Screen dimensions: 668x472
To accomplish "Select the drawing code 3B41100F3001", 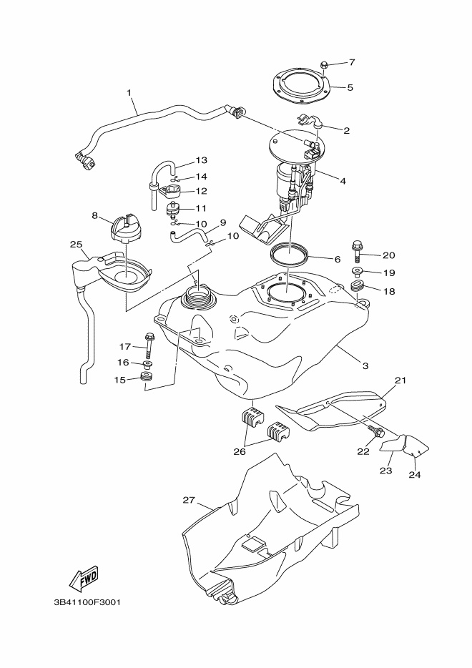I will [87, 601].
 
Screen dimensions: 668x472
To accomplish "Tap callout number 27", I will [189, 500].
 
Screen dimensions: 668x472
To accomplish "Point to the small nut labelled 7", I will [323, 65].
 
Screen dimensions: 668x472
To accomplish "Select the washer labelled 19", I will [358, 272].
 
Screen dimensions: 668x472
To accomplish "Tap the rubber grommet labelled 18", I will [358, 289].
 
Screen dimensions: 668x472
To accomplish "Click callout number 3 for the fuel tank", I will [365, 365].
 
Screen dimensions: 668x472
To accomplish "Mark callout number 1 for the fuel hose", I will [129, 93].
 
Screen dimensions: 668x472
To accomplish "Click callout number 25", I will [76, 244].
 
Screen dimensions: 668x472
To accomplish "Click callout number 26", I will [239, 451].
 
